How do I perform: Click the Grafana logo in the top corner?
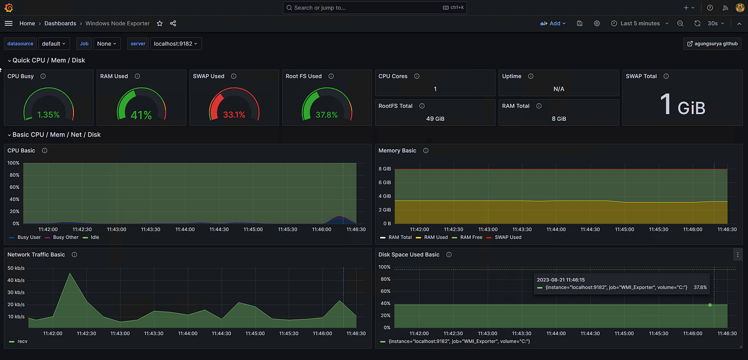(x=9, y=8)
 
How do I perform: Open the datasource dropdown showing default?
(x=54, y=43)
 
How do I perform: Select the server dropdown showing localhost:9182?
(x=176, y=43)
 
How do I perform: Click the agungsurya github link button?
(x=712, y=43)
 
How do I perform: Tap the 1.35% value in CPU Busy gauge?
(x=48, y=115)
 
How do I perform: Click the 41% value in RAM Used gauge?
(x=141, y=115)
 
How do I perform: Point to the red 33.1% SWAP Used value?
(x=234, y=115)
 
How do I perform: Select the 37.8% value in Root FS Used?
(x=327, y=115)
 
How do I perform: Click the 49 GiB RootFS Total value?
(x=435, y=118)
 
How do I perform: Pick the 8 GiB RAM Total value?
(x=559, y=118)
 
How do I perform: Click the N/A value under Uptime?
(x=559, y=89)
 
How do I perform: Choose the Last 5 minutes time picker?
(x=639, y=24)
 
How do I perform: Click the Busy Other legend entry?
(x=66, y=237)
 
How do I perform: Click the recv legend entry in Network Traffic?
(x=22, y=341)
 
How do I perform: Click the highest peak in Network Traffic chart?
(x=69, y=273)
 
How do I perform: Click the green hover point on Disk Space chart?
(x=709, y=304)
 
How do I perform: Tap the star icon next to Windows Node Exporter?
(x=160, y=24)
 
